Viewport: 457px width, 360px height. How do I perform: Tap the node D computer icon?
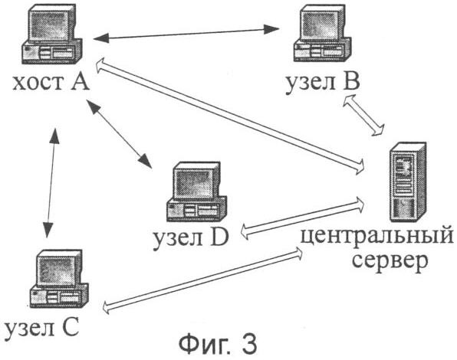click(197, 191)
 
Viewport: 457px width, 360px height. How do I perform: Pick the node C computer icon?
click(59, 279)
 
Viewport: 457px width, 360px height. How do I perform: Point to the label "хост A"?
click(51, 82)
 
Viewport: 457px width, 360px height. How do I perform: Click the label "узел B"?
click(323, 83)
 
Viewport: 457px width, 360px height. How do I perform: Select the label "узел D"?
click(191, 238)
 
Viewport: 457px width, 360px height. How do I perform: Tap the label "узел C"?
click(42, 329)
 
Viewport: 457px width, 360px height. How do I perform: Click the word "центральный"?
click(377, 236)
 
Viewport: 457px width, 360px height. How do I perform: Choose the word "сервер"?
click(390, 260)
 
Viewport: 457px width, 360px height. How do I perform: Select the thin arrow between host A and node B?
click(186, 34)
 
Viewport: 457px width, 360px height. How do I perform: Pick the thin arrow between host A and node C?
click(51, 183)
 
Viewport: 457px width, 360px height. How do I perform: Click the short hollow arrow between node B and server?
click(363, 115)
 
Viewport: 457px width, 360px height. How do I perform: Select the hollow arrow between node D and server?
click(303, 218)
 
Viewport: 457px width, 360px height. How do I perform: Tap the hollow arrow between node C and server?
click(202, 280)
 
